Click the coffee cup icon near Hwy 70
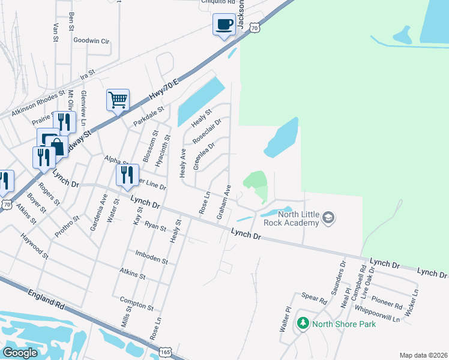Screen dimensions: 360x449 coord(224,25)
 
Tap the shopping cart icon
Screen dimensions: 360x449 coord(118,99)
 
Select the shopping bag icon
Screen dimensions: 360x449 coord(57,146)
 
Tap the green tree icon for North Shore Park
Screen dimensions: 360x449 coord(303,324)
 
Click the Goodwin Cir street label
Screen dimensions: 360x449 coord(91,41)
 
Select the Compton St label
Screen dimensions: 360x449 coord(137,304)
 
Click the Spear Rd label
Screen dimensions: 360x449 coord(313,299)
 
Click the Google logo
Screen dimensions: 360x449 coord(20,353)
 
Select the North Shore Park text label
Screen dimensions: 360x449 coord(343,324)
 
